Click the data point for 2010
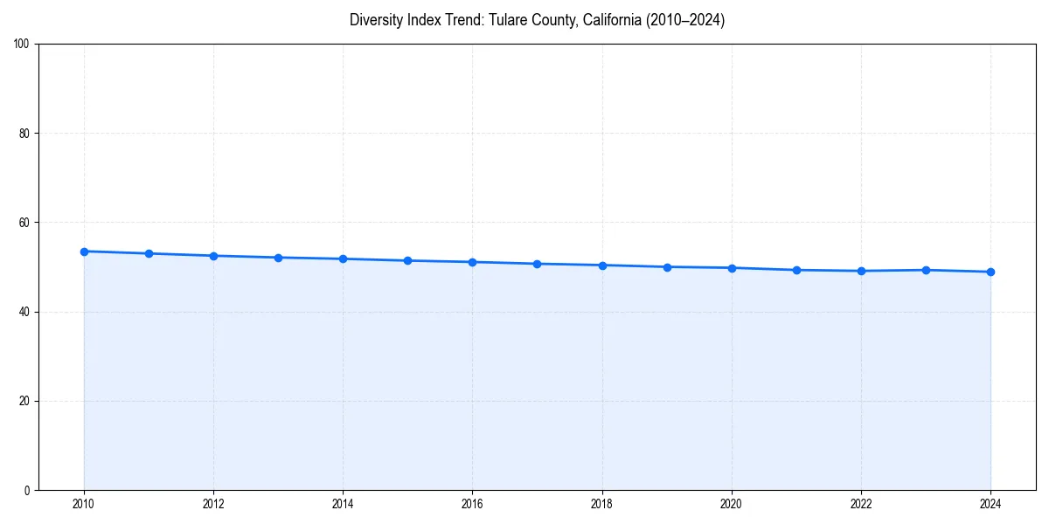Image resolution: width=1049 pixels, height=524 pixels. pyautogui.click(x=84, y=252)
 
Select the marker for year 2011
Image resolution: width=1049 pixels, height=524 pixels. pyautogui.click(x=149, y=253)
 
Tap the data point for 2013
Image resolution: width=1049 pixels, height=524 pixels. pyautogui.click(x=278, y=258)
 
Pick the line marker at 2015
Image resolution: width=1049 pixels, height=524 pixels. pyautogui.click(x=407, y=260)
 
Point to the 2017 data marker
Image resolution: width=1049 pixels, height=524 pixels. pyautogui.click(x=537, y=264)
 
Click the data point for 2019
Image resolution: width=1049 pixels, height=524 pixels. pyautogui.click(x=667, y=267)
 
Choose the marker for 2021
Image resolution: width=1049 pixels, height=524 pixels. pyautogui.click(x=796, y=270)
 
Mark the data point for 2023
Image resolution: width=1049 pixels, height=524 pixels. pyautogui.click(x=926, y=270)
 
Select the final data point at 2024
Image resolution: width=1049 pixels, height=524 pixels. pyautogui.click(x=990, y=272)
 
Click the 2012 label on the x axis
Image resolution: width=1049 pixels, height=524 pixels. pyautogui.click(x=213, y=504)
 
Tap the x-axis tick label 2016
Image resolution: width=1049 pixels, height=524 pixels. pyautogui.click(x=472, y=504)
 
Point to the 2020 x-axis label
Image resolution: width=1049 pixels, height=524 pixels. pyautogui.click(x=732, y=504)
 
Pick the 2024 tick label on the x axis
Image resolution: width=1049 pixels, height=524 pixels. pyautogui.click(x=990, y=504)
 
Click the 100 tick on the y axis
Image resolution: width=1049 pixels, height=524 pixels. pyautogui.click(x=22, y=45)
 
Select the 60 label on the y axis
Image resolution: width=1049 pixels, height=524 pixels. pyautogui.click(x=24, y=223)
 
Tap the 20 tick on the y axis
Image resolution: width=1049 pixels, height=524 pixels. pyautogui.click(x=24, y=401)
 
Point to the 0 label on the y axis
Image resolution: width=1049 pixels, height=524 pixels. pyautogui.click(x=27, y=490)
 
